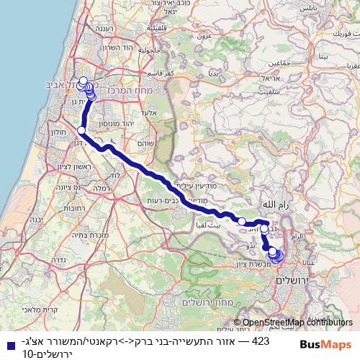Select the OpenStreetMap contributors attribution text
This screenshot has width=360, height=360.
pos(296,323)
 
